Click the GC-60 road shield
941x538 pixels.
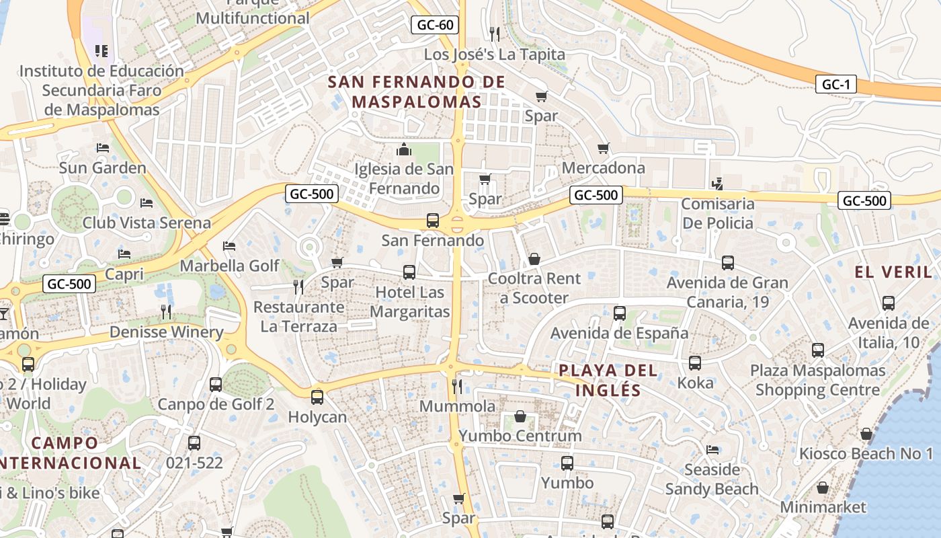pyautogui.click(x=435, y=26)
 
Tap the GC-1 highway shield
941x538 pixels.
pyautogui.click(x=835, y=84)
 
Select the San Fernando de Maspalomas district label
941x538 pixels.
pyautogui.click(x=417, y=92)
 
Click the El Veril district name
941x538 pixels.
pyautogui.click(x=893, y=272)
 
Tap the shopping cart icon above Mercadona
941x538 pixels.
pyautogui.click(x=604, y=148)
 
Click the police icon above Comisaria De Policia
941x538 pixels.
pyautogui.click(x=717, y=183)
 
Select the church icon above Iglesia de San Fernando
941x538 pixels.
pyautogui.click(x=404, y=149)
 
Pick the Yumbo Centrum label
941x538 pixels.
pyautogui.click(x=520, y=436)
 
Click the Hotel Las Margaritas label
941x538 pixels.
pyautogui.click(x=409, y=302)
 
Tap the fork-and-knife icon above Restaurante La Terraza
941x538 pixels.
pyautogui.click(x=298, y=287)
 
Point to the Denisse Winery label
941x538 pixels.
pyautogui.click(x=166, y=332)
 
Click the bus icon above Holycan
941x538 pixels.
pyautogui.click(x=317, y=397)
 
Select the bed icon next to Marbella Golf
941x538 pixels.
pyautogui.click(x=229, y=246)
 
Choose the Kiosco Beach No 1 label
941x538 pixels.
pyautogui.click(x=866, y=454)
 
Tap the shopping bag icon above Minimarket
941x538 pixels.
pyautogui.click(x=823, y=488)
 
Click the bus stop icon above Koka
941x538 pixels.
pyautogui.click(x=695, y=363)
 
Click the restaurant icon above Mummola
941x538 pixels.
pyautogui.click(x=457, y=386)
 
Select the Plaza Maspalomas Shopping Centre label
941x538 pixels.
pyautogui.click(x=817, y=380)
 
